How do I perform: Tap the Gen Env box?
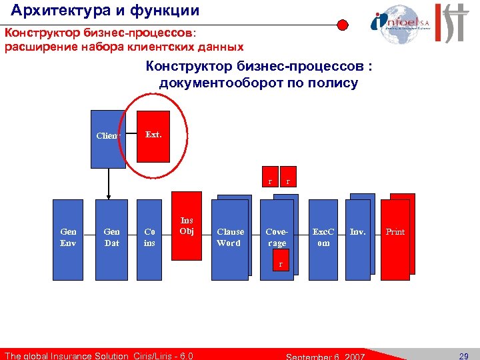68,237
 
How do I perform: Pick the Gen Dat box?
111,237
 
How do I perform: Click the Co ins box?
149,237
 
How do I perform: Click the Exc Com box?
323,237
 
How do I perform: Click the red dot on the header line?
342,26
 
